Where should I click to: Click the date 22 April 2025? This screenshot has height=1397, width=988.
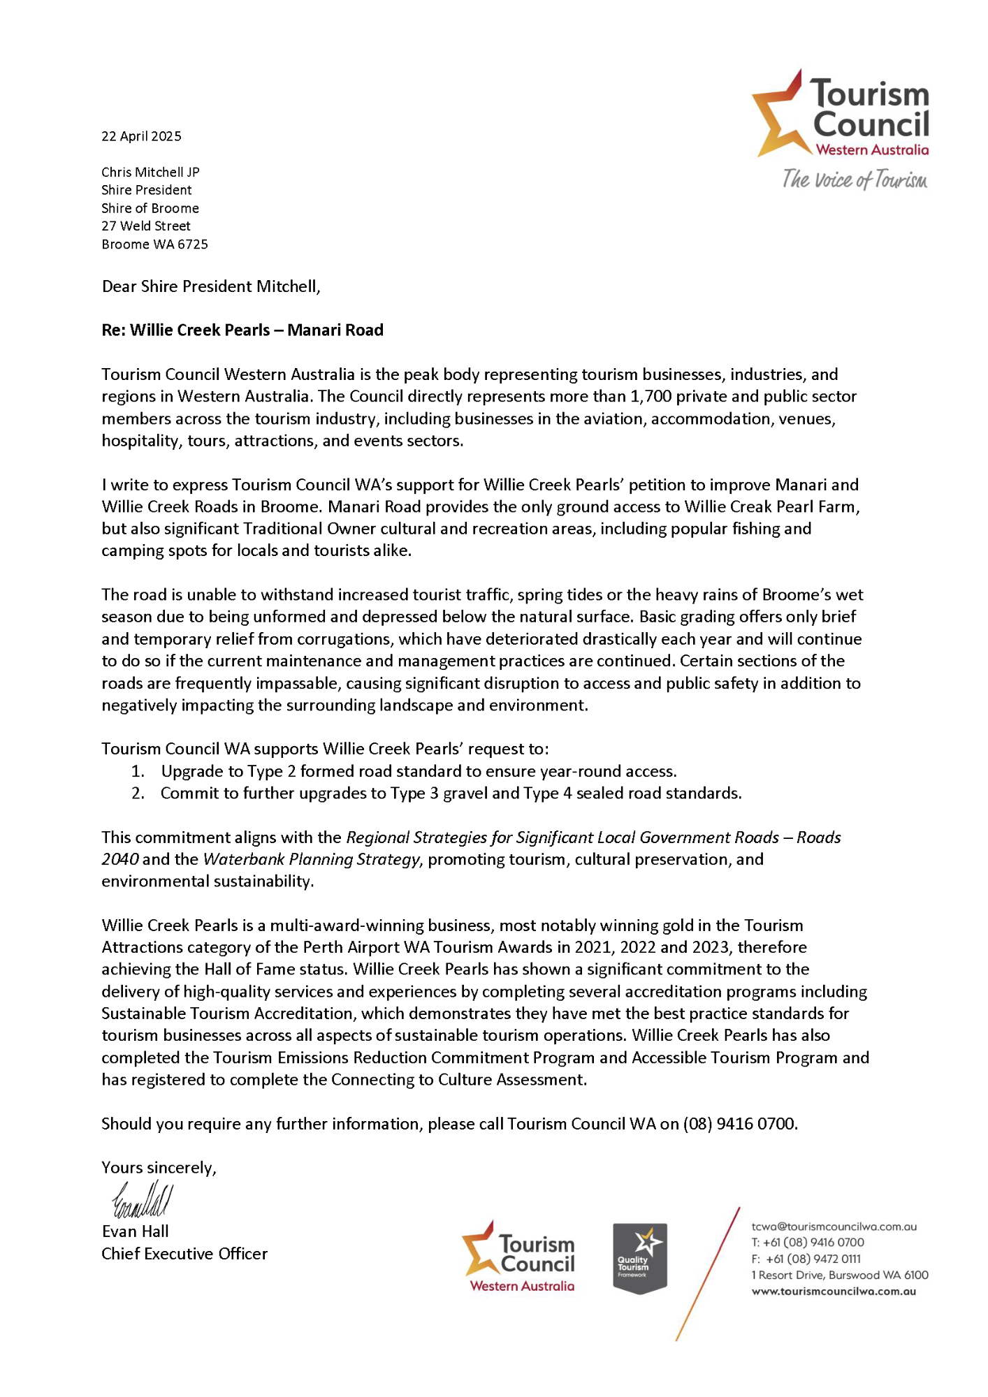pos(141,136)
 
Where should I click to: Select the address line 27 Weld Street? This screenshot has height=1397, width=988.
pos(146,226)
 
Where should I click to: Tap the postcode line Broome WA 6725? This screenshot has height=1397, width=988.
pos(154,244)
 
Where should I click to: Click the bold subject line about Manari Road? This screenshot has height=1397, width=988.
pos(242,330)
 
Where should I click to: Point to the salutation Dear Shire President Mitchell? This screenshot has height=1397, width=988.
pos(211,286)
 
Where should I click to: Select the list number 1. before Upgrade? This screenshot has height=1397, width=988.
pos(138,771)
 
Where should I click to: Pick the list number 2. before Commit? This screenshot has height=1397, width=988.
pos(138,793)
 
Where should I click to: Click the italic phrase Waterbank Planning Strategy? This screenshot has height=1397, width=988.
pos(312,859)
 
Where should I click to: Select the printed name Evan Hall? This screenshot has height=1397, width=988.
pos(136,1231)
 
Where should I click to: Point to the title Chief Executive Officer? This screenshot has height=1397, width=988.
pos(184,1253)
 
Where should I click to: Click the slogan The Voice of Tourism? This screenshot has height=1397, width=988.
pos(855,180)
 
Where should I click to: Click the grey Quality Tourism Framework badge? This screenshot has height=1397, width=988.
pos(639,1257)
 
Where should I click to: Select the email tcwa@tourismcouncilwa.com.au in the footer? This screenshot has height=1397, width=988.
pos(834,1226)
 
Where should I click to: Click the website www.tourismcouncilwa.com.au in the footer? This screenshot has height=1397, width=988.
pos(834,1291)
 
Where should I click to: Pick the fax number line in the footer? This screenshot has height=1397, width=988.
pos(806,1259)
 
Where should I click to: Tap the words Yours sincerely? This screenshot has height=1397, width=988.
pos(159,1167)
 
